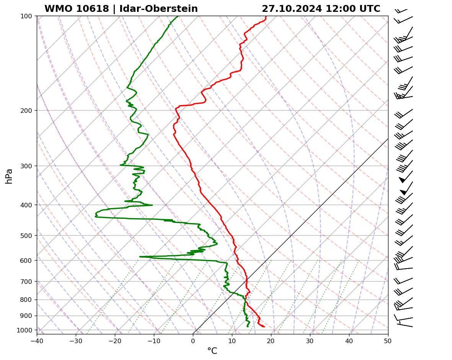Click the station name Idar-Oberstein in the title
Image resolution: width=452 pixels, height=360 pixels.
(x=158, y=9)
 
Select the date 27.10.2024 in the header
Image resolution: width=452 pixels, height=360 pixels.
(x=292, y=9)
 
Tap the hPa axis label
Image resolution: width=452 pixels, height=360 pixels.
(x=9, y=176)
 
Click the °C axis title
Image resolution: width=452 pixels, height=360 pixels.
(x=212, y=351)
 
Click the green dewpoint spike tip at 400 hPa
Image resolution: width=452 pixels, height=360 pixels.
(x=152, y=205)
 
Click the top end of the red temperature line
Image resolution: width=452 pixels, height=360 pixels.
(x=266, y=16)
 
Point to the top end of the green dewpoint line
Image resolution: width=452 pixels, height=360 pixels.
(x=178, y=16)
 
